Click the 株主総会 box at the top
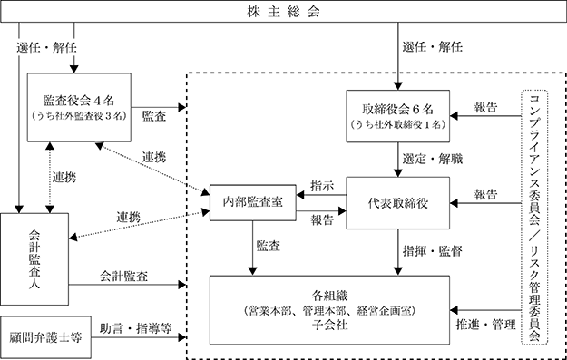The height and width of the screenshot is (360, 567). point(283,11)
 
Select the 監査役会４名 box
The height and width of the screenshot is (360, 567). point(79,107)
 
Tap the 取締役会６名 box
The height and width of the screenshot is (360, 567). point(397,116)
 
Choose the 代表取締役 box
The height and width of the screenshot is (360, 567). point(397,203)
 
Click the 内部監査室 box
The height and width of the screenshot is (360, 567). point(253,203)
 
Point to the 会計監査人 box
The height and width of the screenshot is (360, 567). point(34,259)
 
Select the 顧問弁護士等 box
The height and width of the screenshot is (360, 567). point(45,337)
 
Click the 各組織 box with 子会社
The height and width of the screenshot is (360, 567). point(330,310)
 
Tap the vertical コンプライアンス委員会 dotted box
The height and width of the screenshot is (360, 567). point(534,218)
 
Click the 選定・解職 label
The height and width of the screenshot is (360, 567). point(433,159)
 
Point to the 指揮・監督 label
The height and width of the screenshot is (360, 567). point(433,251)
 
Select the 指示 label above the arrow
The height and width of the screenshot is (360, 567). point(322,186)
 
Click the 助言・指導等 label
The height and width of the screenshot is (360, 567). point(135,328)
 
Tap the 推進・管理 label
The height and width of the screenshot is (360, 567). point(485,325)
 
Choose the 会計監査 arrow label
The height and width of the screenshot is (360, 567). point(123,277)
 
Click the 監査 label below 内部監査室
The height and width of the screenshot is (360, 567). point(269,246)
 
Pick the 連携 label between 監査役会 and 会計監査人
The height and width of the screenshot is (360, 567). point(64,178)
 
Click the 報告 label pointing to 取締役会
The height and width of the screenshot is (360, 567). point(485,107)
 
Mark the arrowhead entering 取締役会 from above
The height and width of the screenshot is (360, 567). point(397,86)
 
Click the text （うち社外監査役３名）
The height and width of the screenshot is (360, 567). point(79,116)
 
